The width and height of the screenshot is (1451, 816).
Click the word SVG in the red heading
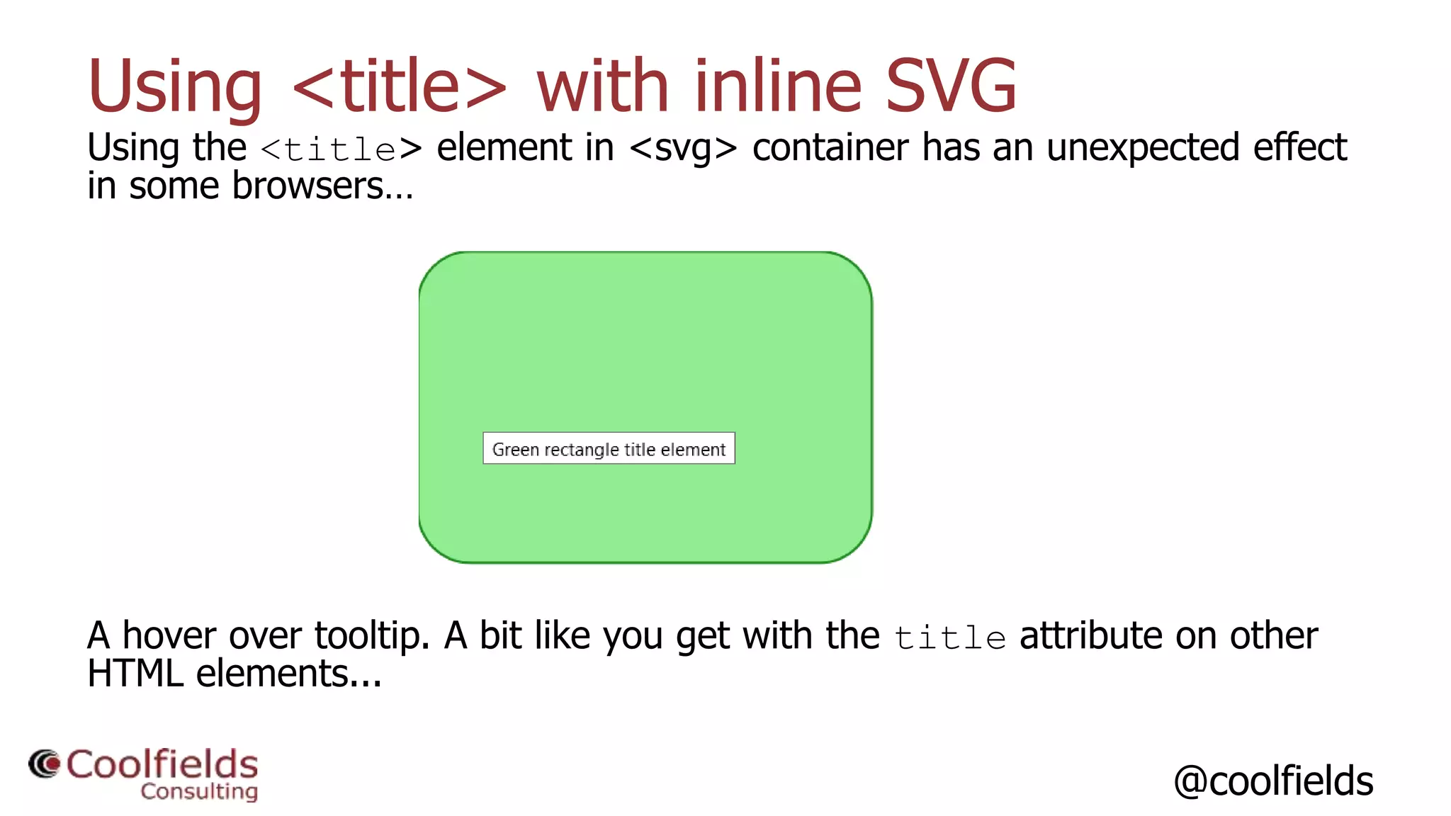(x=951, y=86)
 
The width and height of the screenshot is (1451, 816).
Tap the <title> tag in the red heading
(x=399, y=86)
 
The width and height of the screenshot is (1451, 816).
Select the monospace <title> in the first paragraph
(x=341, y=149)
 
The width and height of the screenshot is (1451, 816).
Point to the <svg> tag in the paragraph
(x=683, y=148)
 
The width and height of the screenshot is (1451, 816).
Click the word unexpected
(x=1143, y=148)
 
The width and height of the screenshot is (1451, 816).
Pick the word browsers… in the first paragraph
(x=322, y=186)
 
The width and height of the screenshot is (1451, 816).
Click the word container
(x=830, y=148)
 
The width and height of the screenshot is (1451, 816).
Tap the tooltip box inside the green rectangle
(x=609, y=448)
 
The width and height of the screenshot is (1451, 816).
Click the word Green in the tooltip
(x=516, y=450)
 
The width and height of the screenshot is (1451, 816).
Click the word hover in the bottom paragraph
(x=169, y=635)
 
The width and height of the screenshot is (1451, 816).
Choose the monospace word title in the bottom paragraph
(x=949, y=638)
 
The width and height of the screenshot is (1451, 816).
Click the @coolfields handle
(x=1273, y=781)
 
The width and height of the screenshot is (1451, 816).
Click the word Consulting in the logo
(x=199, y=791)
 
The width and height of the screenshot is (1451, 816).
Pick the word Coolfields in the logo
(x=162, y=764)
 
